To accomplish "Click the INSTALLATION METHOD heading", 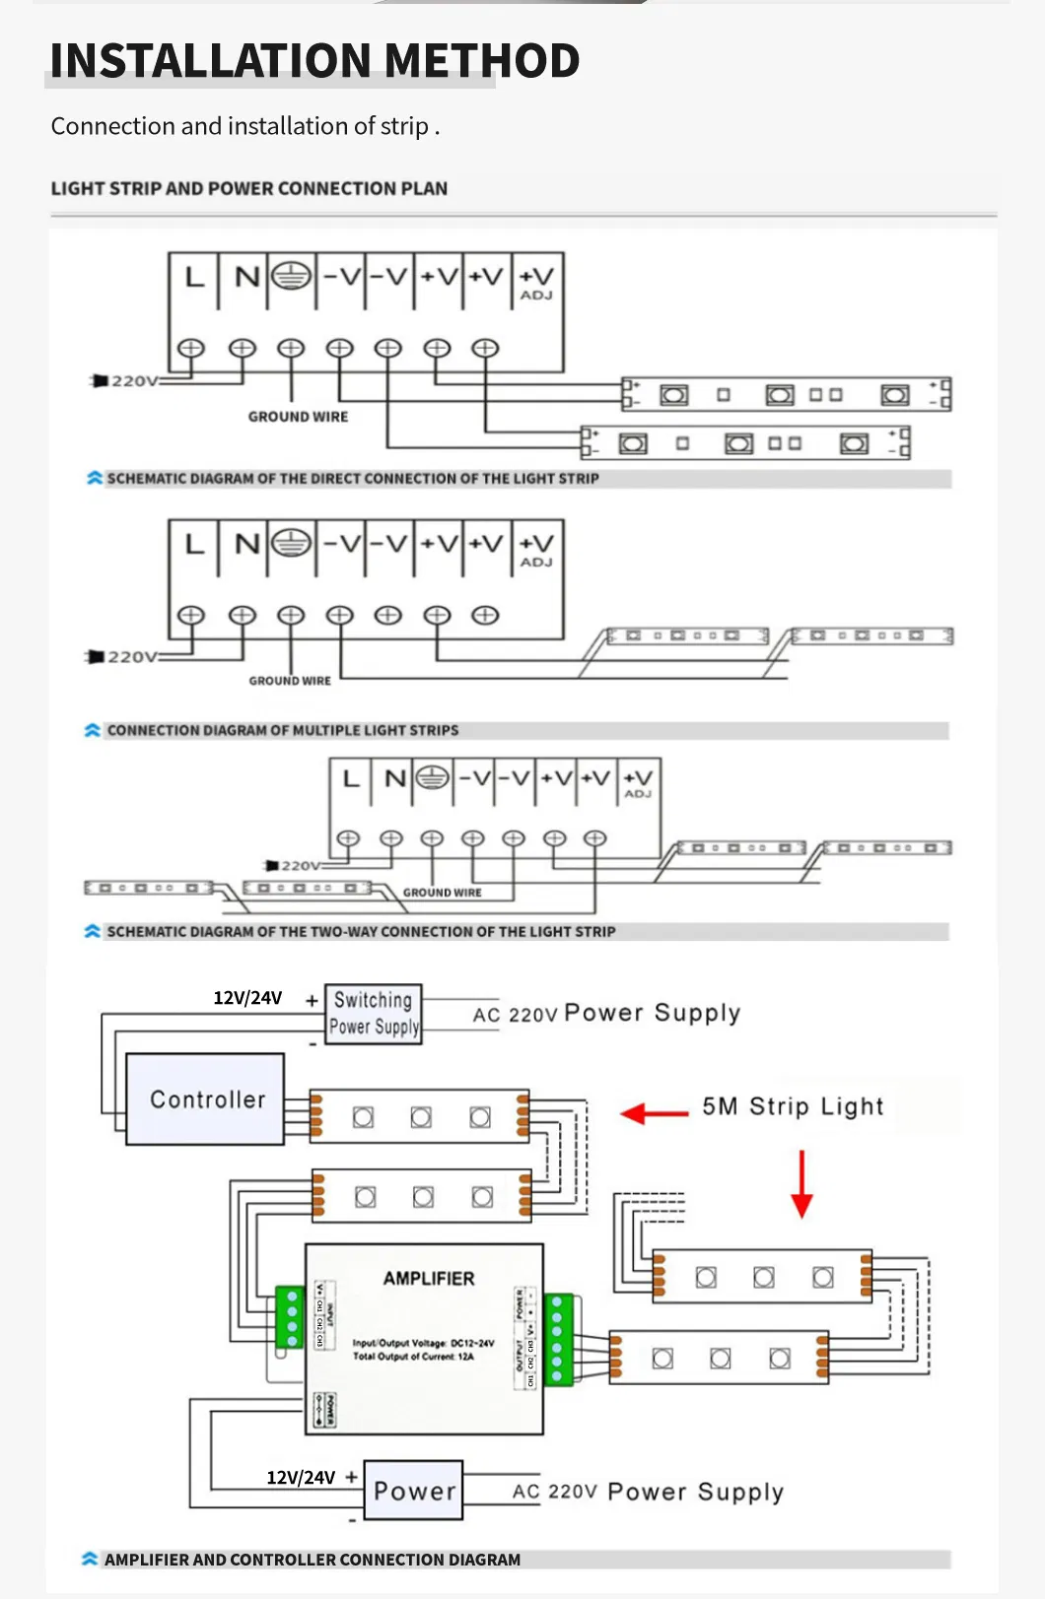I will click(x=314, y=61).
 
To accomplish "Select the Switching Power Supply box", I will click(x=374, y=1014).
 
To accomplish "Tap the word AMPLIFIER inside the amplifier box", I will click(x=428, y=1279).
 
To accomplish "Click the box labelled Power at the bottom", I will click(x=414, y=1491).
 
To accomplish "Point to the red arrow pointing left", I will click(x=654, y=1114).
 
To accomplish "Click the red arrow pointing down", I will click(x=801, y=1185).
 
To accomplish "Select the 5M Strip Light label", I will click(x=793, y=1106).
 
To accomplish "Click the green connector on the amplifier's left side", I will click(x=289, y=1317).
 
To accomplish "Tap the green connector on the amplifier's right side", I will click(x=558, y=1339).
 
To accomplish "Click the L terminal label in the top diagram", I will click(x=194, y=278).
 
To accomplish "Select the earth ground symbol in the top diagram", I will click(x=291, y=277).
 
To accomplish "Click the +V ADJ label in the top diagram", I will click(x=536, y=283).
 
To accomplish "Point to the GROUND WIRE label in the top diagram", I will click(x=298, y=417).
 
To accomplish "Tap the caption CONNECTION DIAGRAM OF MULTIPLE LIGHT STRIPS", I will click(x=282, y=731).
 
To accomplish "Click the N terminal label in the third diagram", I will click(x=394, y=779).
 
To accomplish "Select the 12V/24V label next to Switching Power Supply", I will click(x=247, y=998).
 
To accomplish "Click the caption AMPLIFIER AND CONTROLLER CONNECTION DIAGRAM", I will click(x=312, y=1560).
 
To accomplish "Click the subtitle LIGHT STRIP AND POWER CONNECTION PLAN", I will click(x=249, y=188).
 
